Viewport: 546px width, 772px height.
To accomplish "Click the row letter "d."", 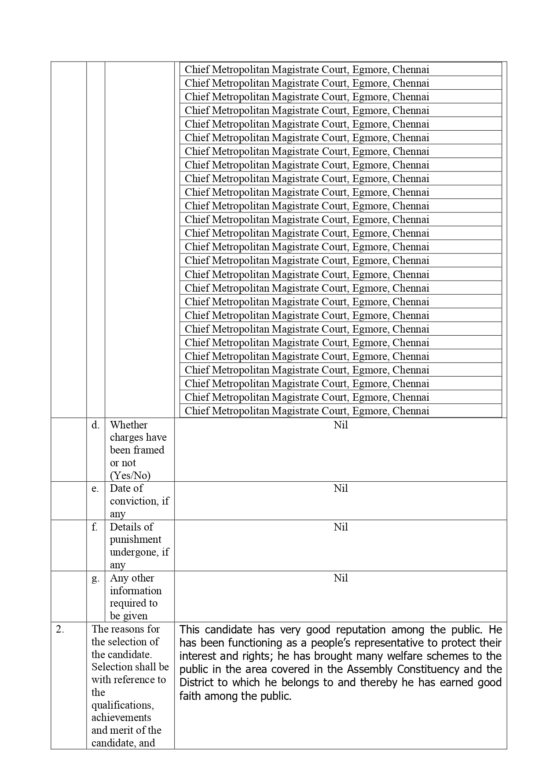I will pyautogui.click(x=95, y=425).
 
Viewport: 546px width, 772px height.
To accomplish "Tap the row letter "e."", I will pyautogui.click(x=95, y=488).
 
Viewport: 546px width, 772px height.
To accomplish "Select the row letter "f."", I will pyautogui.click(x=95, y=527).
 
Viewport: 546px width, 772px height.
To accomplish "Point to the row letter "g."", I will pyautogui.click(x=95, y=578).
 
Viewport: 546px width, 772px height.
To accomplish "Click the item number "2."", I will pyautogui.click(x=60, y=629).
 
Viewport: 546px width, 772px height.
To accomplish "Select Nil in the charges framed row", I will pyautogui.click(x=341, y=425).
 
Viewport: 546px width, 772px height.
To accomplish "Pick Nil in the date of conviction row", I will pyautogui.click(x=341, y=488).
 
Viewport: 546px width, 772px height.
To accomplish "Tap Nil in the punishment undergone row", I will pyautogui.click(x=341, y=527).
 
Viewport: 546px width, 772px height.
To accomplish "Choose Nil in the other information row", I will pyautogui.click(x=341, y=578).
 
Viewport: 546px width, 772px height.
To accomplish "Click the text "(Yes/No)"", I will pyautogui.click(x=130, y=476).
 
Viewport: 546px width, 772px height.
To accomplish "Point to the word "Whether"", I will pyautogui.click(x=128, y=425).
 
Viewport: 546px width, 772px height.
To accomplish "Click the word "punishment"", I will pyautogui.click(x=136, y=540).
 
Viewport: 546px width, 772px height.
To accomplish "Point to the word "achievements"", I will pyautogui.click(x=121, y=717).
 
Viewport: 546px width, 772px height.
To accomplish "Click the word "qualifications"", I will pyautogui.click(x=122, y=705).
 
